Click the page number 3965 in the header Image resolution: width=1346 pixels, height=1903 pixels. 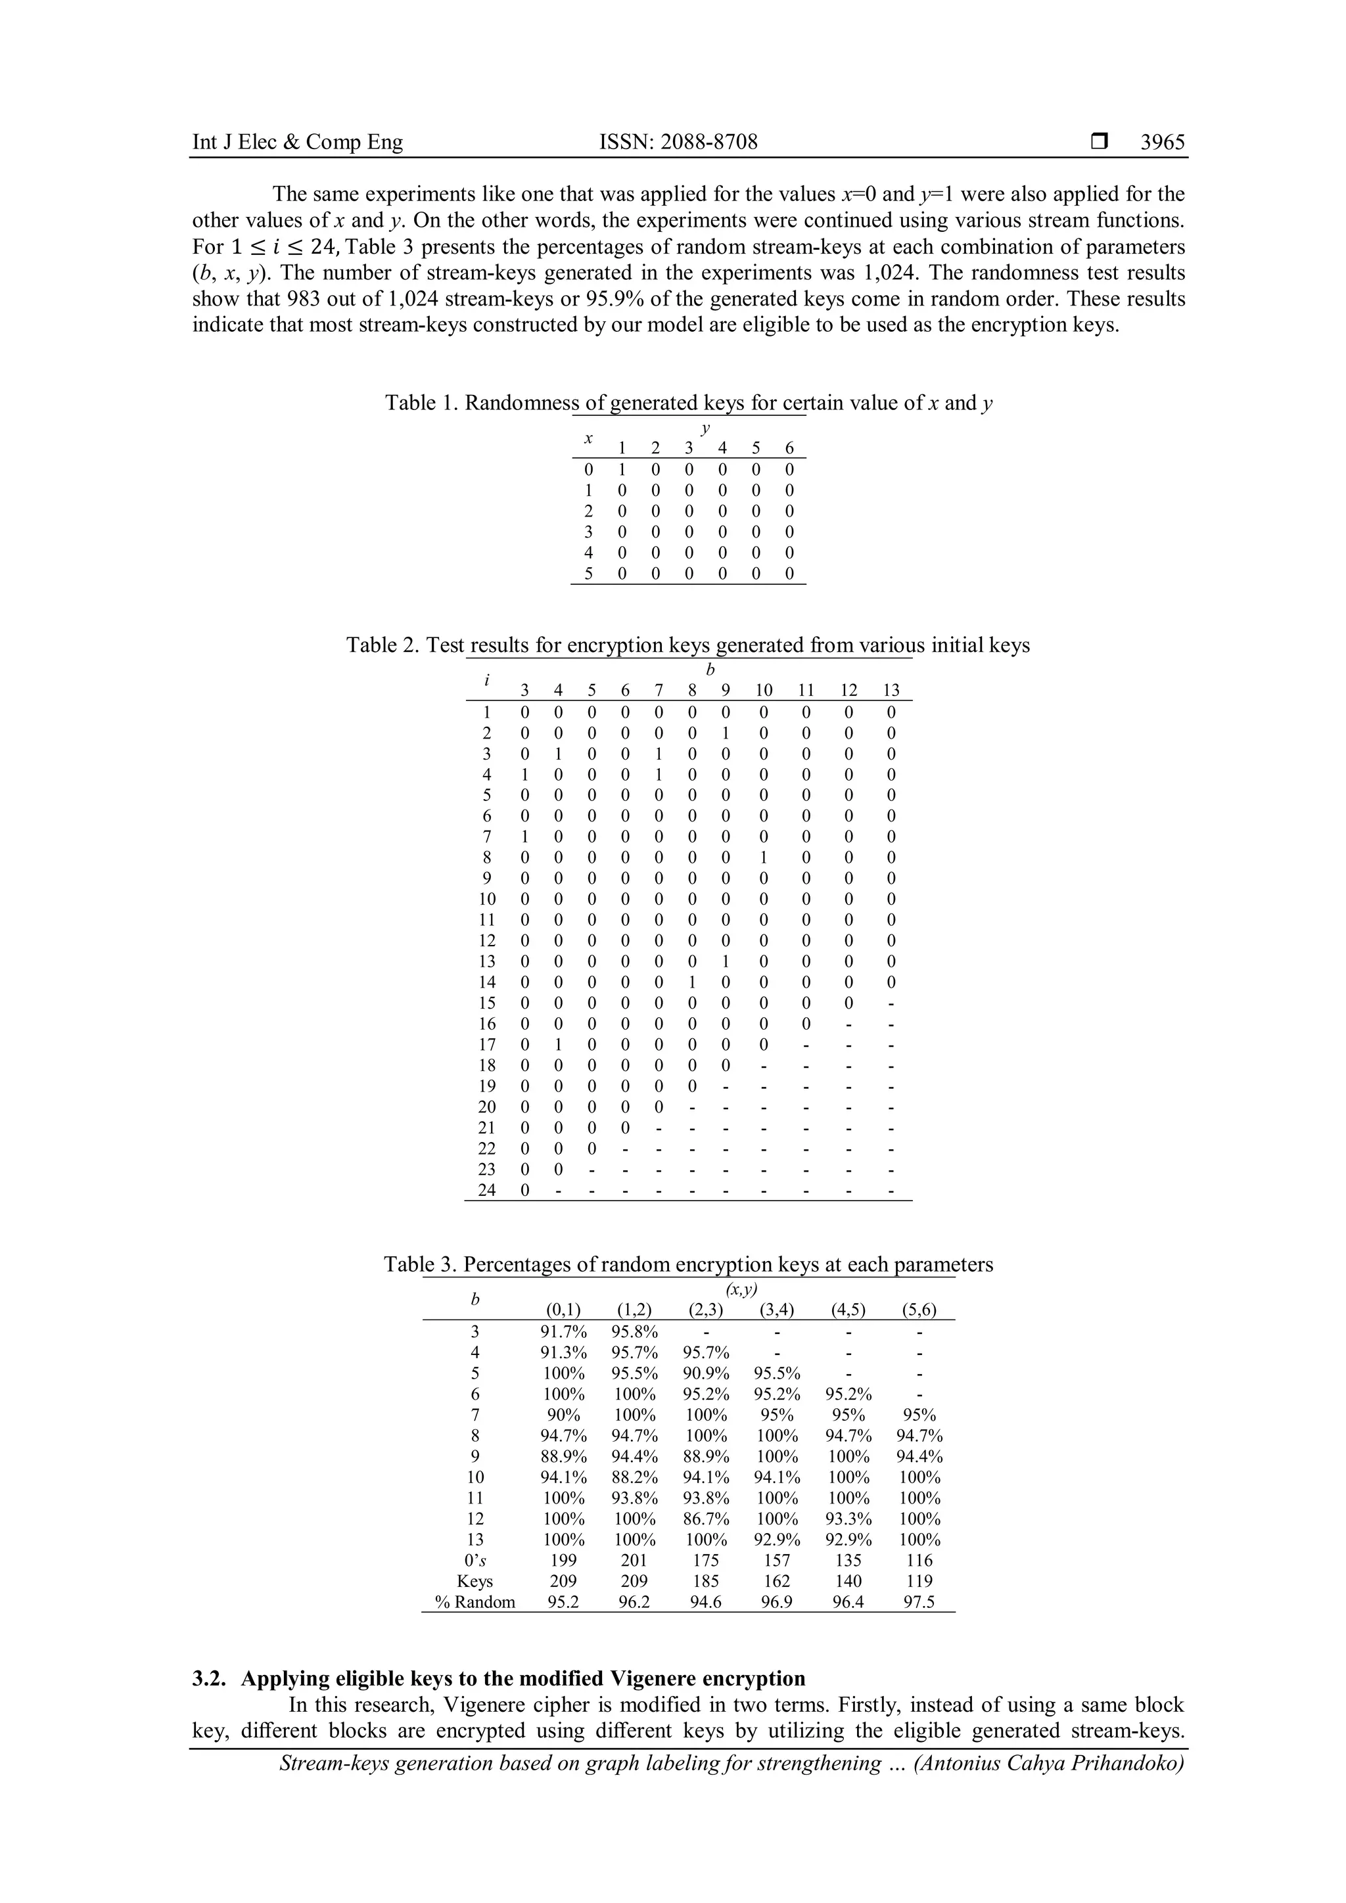point(1162,143)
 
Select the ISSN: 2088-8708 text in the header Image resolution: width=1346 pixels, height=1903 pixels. point(678,143)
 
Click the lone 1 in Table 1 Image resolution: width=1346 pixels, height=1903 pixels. point(622,470)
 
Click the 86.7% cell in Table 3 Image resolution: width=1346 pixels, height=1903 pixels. point(706,1519)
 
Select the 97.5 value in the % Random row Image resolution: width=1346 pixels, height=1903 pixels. point(919,1602)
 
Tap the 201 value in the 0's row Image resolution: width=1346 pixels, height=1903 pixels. point(635,1561)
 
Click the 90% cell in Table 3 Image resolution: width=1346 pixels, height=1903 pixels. point(565,1415)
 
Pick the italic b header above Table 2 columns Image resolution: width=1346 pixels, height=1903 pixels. point(709,670)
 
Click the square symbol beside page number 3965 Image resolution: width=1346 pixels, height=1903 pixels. point(1099,143)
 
